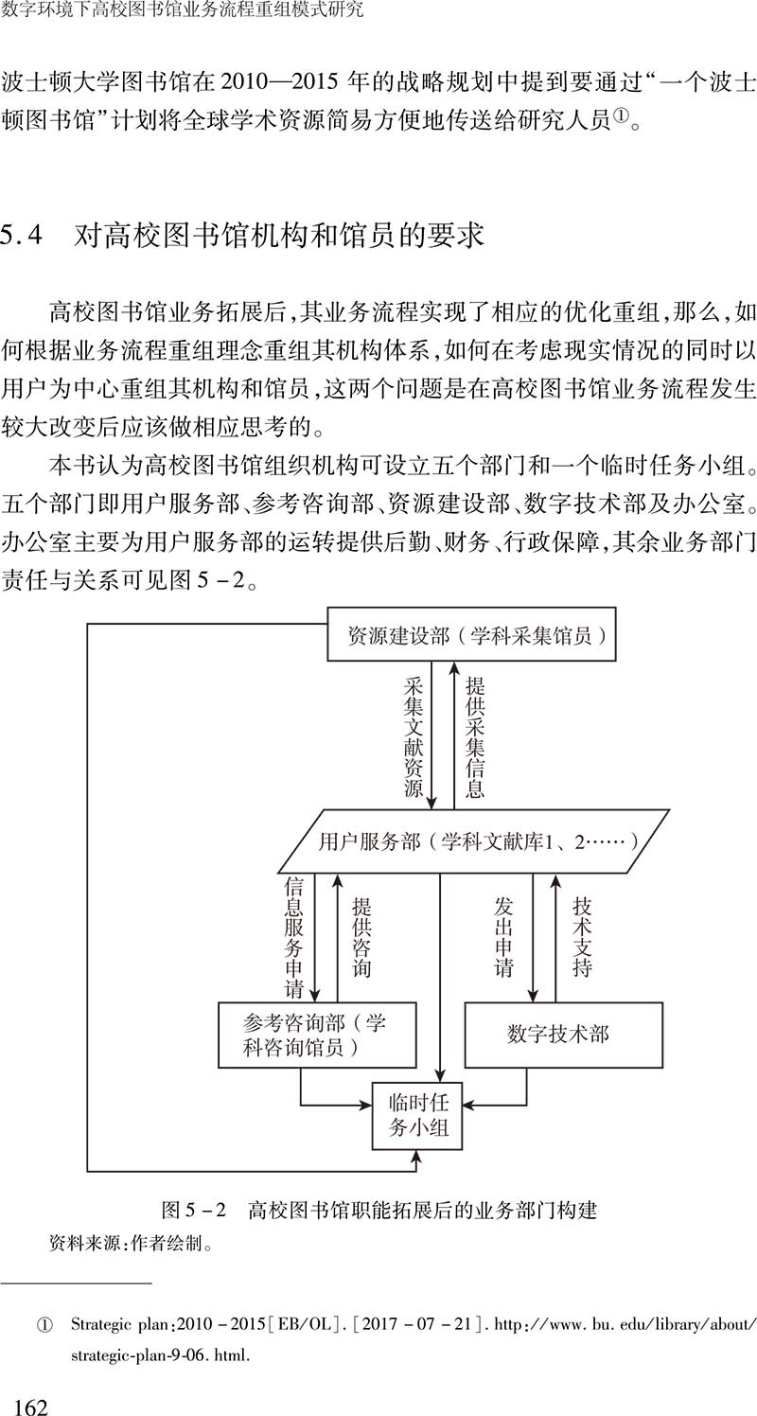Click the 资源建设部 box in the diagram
[470, 634]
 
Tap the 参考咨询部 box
[317, 1035]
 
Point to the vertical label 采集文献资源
[414, 736]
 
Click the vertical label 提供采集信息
[475, 736]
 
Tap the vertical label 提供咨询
[361, 937]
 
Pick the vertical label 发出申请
[503, 937]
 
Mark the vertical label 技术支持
[582, 937]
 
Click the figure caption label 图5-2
[192, 1210]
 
